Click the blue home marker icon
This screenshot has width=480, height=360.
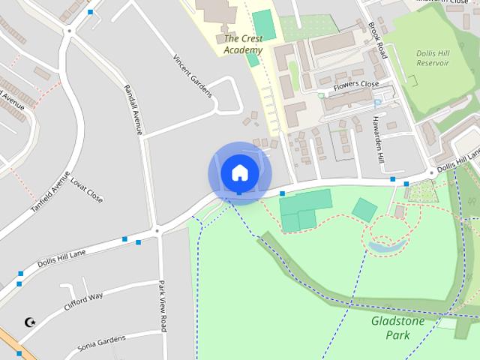[x=239, y=173]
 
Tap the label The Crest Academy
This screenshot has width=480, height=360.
[x=243, y=44]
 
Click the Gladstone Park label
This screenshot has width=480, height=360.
[x=397, y=328]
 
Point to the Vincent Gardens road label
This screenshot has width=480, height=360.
[x=193, y=76]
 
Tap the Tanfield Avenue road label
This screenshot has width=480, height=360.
[x=50, y=194]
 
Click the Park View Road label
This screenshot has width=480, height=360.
[x=163, y=306]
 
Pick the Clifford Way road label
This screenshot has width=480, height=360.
[x=83, y=301]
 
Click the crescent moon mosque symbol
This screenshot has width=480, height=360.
[x=30, y=322]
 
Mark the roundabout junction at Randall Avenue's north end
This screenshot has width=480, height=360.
[x=69, y=31]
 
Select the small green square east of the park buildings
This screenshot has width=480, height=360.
[x=364, y=209]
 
